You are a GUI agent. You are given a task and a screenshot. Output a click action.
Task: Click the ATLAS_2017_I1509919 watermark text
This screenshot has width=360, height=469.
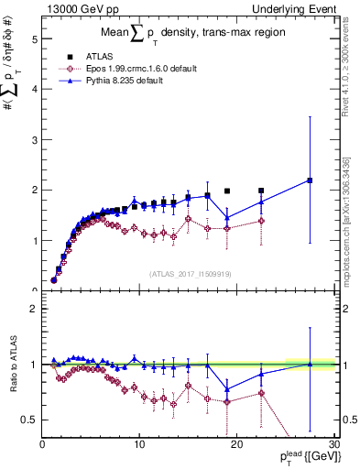(x=187, y=272)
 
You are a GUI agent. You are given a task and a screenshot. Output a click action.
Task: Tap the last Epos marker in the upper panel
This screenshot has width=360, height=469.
(x=261, y=221)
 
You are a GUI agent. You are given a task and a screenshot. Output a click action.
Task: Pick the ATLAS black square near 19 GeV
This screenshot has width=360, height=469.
(x=227, y=191)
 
